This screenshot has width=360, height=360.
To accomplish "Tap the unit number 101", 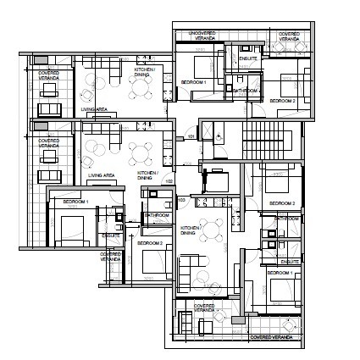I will (191, 136).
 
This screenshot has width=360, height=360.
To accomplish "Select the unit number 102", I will (169, 180).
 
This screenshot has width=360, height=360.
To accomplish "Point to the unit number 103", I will (181, 200).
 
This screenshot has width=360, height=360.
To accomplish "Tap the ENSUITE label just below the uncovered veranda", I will (247, 59).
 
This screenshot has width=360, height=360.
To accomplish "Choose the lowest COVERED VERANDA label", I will (271, 336).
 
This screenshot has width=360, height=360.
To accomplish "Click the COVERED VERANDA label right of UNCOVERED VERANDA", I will (288, 36).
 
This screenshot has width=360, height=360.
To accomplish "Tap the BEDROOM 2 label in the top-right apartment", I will (282, 101).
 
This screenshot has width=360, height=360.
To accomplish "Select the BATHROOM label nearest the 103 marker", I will (157, 215).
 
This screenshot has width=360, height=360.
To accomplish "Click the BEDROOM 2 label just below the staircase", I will (281, 203).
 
